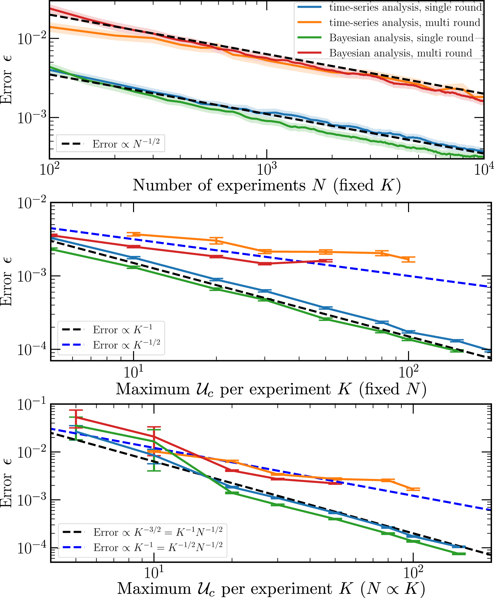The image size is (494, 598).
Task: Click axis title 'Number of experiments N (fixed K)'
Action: click(267, 186)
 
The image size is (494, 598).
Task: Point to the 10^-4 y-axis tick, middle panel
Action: click(31, 350)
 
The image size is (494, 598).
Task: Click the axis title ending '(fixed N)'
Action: click(271, 389)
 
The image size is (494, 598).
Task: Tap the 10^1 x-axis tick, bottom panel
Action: click(154, 573)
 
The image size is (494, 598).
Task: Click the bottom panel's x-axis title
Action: click(271, 589)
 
